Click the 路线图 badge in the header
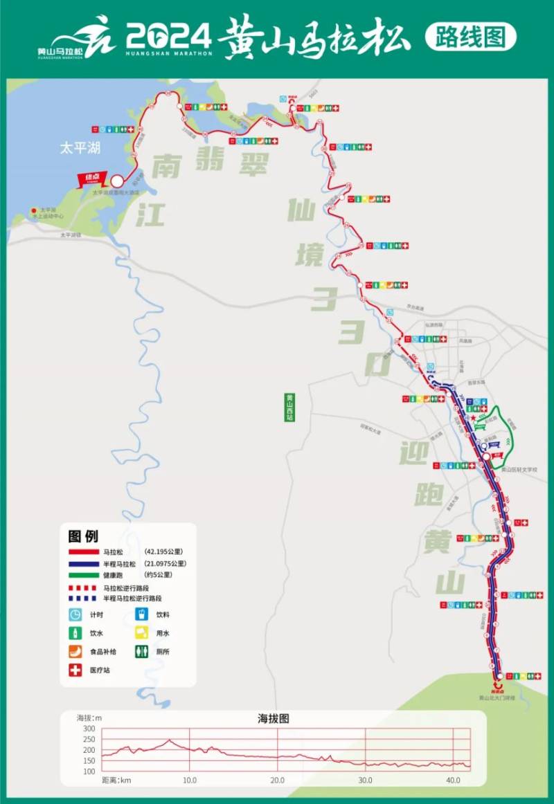coord(470,37)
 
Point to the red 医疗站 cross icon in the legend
coord(75,670)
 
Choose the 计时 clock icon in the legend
coord(75,614)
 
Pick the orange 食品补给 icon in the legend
coord(75,651)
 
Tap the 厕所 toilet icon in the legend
coord(141,651)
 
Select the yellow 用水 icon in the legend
coord(141,632)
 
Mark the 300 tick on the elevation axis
coord(89,729)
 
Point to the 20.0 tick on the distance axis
coord(277,780)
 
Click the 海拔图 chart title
coord(274,718)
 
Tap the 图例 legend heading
coord(83,536)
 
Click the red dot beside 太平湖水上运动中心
coord(33,210)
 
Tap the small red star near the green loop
coord(473,419)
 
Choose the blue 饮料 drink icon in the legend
coord(141,614)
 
